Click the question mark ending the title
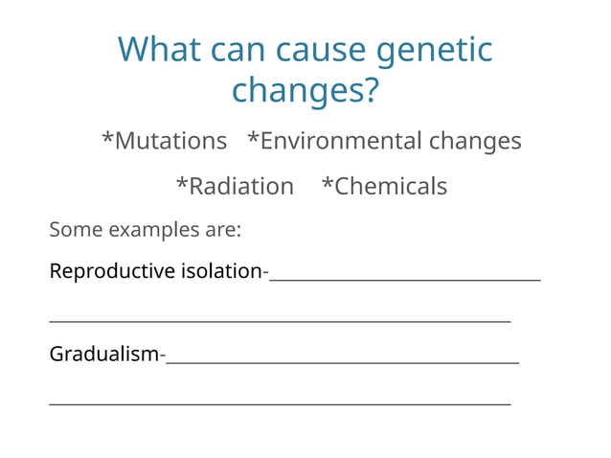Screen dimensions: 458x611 [371, 91]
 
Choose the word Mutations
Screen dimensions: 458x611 [170, 141]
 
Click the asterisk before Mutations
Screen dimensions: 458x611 [107, 139]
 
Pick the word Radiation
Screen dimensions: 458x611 [241, 186]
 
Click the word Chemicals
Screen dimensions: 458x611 [391, 186]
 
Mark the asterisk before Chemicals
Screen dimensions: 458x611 [327, 184]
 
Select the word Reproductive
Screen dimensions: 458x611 [112, 271]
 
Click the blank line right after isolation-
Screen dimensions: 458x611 [404, 278]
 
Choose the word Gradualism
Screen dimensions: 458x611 [103, 355]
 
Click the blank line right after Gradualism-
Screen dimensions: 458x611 [342, 361]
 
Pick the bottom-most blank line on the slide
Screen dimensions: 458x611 [280, 403]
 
